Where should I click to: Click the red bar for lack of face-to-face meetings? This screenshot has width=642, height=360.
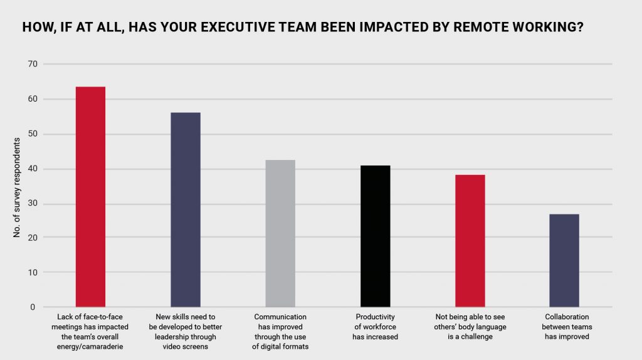click(x=90, y=196)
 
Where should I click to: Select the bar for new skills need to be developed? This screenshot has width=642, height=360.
click(x=186, y=209)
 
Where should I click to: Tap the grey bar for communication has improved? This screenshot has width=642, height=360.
click(x=280, y=233)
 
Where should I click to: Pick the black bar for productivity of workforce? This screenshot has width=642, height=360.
click(x=375, y=236)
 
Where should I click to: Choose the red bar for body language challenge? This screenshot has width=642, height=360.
click(x=470, y=241)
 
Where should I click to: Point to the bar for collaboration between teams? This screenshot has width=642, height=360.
click(x=564, y=260)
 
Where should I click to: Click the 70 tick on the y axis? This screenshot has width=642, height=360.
click(x=32, y=64)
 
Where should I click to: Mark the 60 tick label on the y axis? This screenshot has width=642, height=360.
click(x=32, y=99)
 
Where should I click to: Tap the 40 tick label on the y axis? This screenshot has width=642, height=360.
click(x=32, y=169)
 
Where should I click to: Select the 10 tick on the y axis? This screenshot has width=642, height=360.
click(x=32, y=273)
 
